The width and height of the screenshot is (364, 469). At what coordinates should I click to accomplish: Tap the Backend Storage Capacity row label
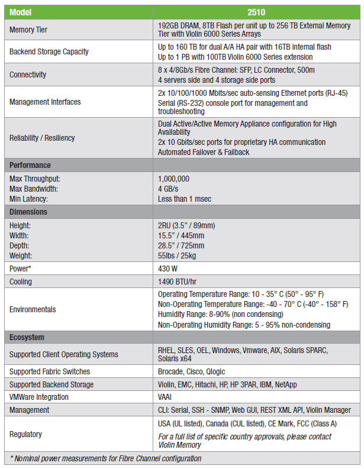pos(49,51)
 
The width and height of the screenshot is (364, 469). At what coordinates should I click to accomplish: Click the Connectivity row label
pos(28,75)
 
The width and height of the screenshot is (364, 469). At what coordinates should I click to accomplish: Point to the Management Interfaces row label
pos(45,102)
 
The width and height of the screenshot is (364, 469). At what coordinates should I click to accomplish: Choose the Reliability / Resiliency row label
pos(42,138)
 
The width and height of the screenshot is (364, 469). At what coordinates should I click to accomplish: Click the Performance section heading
pos(30,165)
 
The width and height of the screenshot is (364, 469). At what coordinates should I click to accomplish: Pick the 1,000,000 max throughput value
pos(173,178)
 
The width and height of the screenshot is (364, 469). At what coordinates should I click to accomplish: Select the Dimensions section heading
pos(28,212)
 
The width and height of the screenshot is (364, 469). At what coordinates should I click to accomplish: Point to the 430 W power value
pos(169,268)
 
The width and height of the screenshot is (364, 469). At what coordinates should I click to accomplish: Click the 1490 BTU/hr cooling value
pos(178,282)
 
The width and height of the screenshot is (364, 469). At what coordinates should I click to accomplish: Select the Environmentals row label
pos(33,309)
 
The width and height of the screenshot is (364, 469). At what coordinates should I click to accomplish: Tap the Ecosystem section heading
pos(27,337)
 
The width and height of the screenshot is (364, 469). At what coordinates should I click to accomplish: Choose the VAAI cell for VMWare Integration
pos(165,397)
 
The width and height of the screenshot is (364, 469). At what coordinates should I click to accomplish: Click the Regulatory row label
pos(25,434)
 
